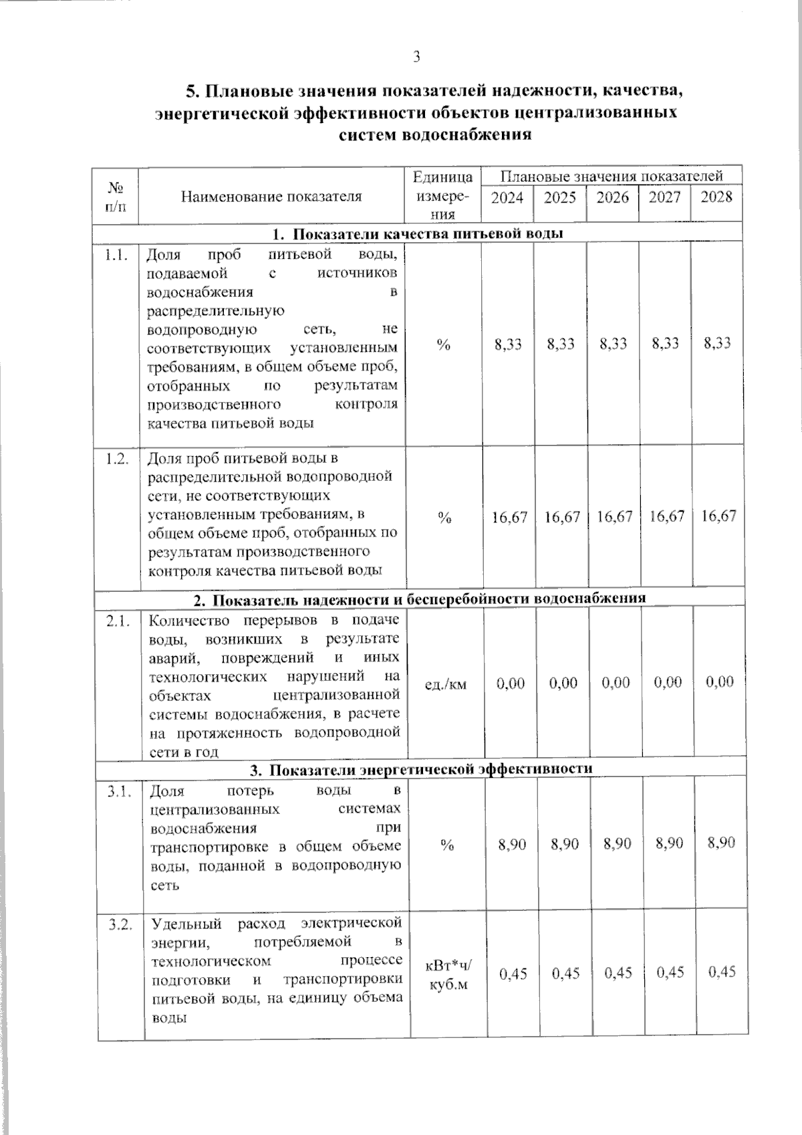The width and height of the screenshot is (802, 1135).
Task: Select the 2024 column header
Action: [x=507, y=197]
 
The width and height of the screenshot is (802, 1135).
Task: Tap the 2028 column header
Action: [x=716, y=197]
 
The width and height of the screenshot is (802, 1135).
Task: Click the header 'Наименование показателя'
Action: [x=271, y=196]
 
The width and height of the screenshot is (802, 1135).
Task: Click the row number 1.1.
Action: [x=116, y=255]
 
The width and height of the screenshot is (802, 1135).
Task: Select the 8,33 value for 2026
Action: [x=613, y=344]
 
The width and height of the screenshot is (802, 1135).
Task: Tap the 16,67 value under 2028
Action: [x=718, y=516]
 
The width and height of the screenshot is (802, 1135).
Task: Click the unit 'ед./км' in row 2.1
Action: [x=446, y=684]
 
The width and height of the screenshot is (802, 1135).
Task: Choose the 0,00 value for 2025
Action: [x=563, y=683]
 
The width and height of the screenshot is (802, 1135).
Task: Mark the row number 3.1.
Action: [x=120, y=792]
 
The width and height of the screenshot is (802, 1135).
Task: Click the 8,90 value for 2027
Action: [x=669, y=843]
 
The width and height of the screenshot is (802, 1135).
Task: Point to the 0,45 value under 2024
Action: [x=513, y=974]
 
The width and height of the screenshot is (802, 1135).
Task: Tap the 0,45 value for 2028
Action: [x=722, y=971]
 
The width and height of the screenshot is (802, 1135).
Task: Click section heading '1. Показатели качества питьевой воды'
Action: [x=418, y=233]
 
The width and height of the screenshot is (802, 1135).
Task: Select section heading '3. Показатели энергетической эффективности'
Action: [x=421, y=768]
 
